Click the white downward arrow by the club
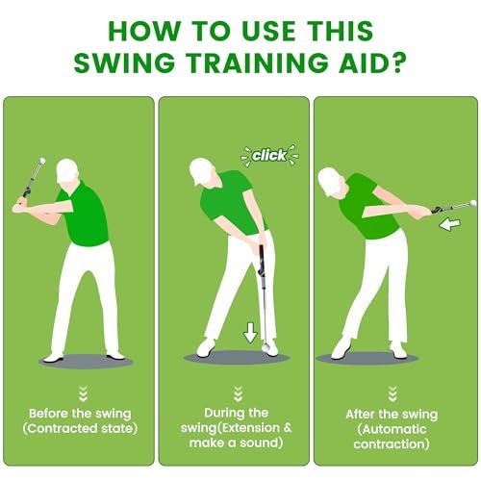pyautogui.click(x=250, y=334)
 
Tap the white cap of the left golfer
pyautogui.click(x=66, y=169)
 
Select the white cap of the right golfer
pyautogui.click(x=329, y=178)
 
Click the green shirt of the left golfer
pyautogui.click(x=76, y=208)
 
